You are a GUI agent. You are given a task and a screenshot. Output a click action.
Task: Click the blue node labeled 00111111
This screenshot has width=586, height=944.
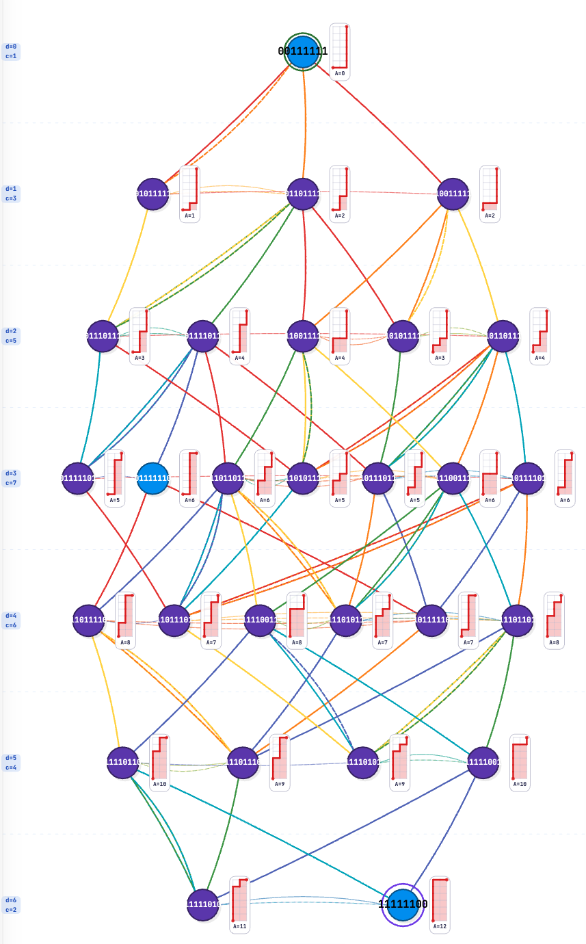point(303,52)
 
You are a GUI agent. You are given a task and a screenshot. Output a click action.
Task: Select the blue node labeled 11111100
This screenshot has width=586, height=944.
point(403,904)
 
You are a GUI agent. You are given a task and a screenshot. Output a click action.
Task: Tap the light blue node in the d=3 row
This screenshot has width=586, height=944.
point(153,479)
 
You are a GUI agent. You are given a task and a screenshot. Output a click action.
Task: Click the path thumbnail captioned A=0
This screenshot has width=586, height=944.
point(340,52)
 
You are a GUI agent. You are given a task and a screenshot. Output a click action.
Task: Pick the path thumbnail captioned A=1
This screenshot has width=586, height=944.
point(189,194)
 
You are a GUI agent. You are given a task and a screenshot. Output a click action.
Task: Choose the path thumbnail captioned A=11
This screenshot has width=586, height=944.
point(239,904)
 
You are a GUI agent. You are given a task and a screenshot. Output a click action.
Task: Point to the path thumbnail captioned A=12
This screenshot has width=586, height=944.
point(440,904)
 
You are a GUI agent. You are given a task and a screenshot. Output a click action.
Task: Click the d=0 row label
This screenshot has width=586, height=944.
point(11,47)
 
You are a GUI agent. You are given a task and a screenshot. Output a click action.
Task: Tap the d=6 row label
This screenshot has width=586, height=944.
point(11,901)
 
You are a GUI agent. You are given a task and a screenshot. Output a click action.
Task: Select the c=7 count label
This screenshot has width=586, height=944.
point(11,483)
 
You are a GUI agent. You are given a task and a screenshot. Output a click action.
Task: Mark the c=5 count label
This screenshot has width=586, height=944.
point(11,341)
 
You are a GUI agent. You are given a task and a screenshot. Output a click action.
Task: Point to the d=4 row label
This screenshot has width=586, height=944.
point(11,616)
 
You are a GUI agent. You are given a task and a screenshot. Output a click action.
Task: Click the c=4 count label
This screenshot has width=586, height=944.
point(11,768)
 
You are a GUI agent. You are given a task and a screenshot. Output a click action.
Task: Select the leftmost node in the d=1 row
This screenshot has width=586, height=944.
point(153,194)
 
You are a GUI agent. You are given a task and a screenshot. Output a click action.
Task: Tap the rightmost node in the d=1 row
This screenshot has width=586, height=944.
point(453,194)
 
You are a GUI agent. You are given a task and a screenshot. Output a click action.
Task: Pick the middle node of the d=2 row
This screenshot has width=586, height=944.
point(303,337)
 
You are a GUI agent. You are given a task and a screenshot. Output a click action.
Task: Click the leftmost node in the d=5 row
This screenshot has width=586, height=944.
point(123,763)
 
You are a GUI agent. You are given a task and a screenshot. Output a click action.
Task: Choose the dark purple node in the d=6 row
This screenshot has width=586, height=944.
point(203,904)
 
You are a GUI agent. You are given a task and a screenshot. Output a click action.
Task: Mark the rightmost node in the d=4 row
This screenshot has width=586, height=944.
point(517,620)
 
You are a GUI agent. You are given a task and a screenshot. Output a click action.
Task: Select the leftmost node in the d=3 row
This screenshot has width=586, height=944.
point(78,479)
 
